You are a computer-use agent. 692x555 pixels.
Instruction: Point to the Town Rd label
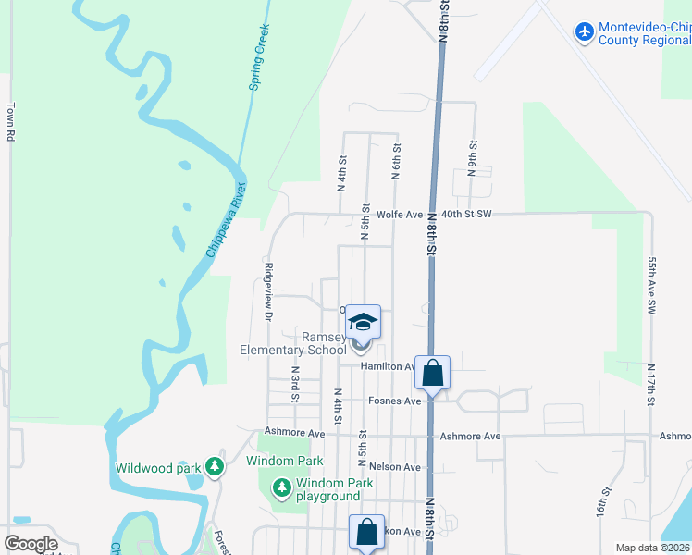click(x=12, y=121)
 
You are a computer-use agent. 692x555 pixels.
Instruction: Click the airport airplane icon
click(x=584, y=32)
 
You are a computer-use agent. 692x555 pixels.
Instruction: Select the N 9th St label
click(x=472, y=158)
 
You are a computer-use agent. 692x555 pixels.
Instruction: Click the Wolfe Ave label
click(x=400, y=215)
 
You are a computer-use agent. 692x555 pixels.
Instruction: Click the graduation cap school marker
click(x=364, y=322)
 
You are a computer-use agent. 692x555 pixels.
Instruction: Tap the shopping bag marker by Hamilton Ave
click(x=432, y=373)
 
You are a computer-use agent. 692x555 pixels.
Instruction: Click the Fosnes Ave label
click(x=394, y=401)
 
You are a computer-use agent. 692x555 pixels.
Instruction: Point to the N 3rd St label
click(x=295, y=383)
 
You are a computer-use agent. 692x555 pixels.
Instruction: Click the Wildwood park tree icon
click(x=216, y=466)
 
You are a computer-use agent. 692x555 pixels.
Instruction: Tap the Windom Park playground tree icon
click(x=281, y=486)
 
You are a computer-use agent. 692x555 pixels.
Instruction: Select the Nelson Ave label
click(x=399, y=467)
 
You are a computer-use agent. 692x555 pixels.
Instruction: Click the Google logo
click(x=31, y=544)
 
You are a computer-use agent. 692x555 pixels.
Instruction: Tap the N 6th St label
click(x=395, y=161)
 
